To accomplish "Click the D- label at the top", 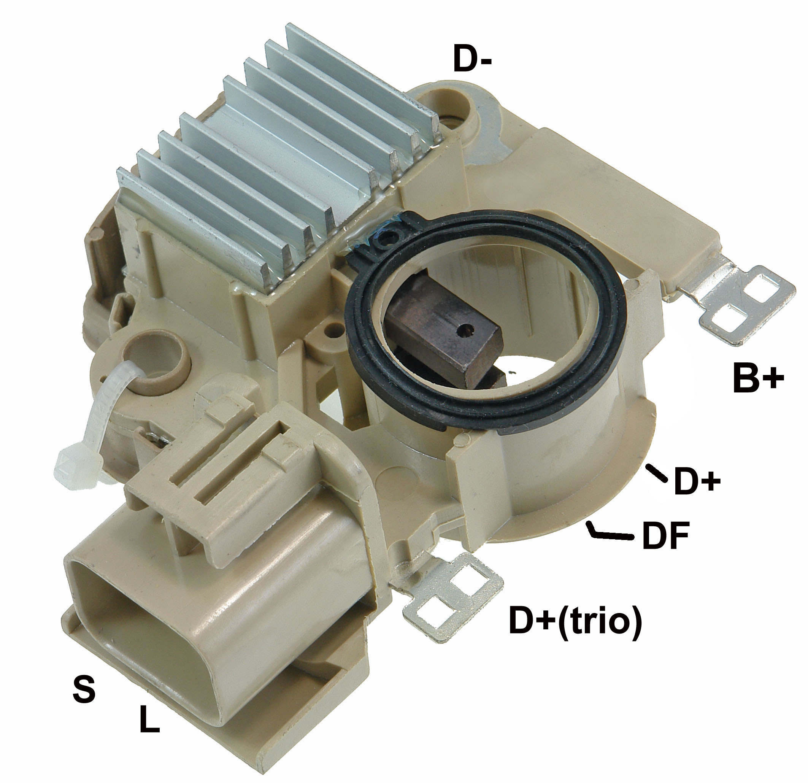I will pos(472,59).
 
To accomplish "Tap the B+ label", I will pos(758,378).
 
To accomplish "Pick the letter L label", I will pos(149,719).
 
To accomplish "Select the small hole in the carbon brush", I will pos(466,329).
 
